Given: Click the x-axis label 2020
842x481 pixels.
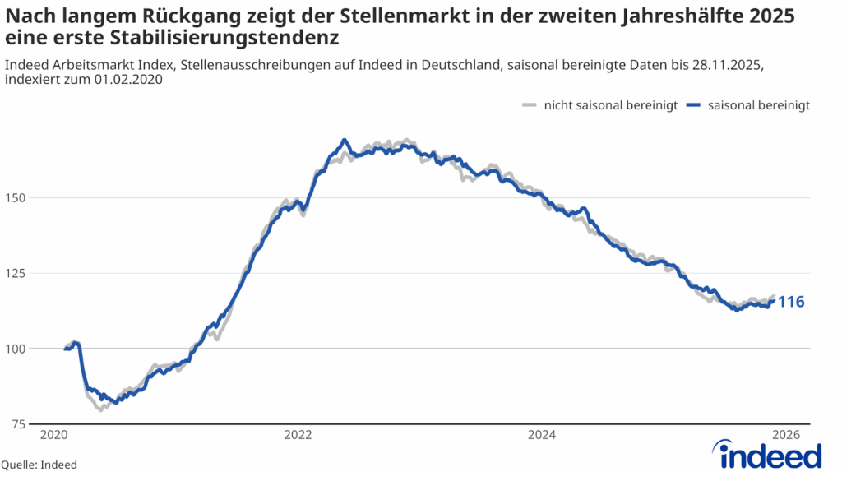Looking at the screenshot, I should point(53,435).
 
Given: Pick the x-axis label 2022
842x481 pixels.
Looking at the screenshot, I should point(297,435).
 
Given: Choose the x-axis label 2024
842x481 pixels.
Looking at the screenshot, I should point(542,435).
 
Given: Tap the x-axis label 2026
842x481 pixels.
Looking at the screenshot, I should point(786,435).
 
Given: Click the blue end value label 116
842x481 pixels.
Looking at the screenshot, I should point(791,303).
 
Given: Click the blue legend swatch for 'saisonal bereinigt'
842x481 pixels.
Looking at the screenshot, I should point(694,105).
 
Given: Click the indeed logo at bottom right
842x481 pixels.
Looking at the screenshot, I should point(769,455).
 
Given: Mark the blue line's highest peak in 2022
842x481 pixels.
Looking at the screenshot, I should point(345,140).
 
